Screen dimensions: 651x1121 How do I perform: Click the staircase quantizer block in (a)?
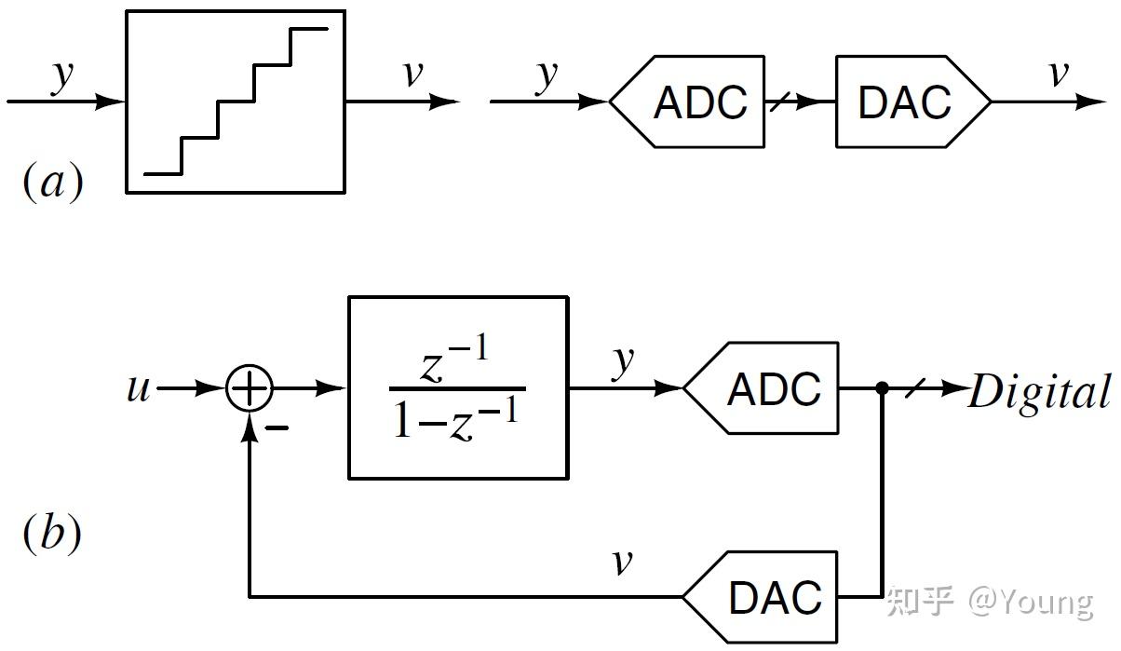coord(236,102)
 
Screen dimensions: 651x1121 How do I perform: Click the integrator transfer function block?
coord(457,387)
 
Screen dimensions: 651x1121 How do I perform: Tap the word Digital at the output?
coord(1039,392)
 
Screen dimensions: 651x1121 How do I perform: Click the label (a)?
coord(52,183)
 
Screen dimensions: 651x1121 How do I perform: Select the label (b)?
coord(52,533)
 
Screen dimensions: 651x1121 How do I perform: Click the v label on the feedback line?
coord(622,562)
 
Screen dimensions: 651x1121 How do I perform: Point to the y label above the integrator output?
coord(624,359)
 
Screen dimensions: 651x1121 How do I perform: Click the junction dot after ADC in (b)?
coord(881,388)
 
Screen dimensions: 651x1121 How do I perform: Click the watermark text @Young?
coord(1031,603)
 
